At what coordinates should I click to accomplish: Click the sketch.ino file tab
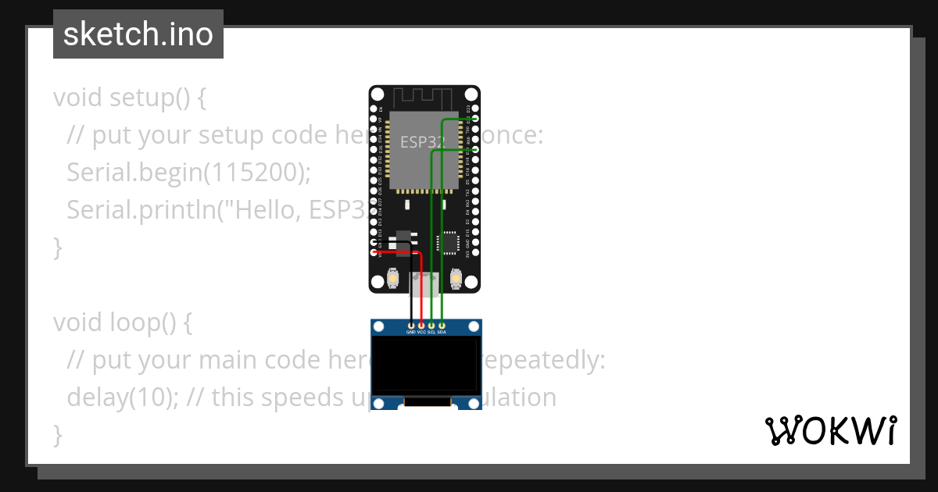coord(138,34)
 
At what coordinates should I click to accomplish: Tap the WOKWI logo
coord(830,431)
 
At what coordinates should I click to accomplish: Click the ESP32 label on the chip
coord(422,142)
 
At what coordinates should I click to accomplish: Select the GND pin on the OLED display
coord(411,325)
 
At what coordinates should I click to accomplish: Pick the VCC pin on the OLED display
coord(421,325)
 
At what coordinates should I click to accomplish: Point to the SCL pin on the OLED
coord(431,325)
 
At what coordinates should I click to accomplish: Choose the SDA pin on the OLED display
coord(442,325)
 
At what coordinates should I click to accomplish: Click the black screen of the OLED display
coord(425,365)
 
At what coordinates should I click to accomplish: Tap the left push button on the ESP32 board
coord(395,279)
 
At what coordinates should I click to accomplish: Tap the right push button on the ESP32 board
coord(455,279)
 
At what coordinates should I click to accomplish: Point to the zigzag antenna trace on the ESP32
coord(423,98)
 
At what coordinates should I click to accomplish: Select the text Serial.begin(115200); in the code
coord(188,173)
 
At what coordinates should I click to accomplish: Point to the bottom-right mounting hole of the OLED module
coord(473,403)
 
